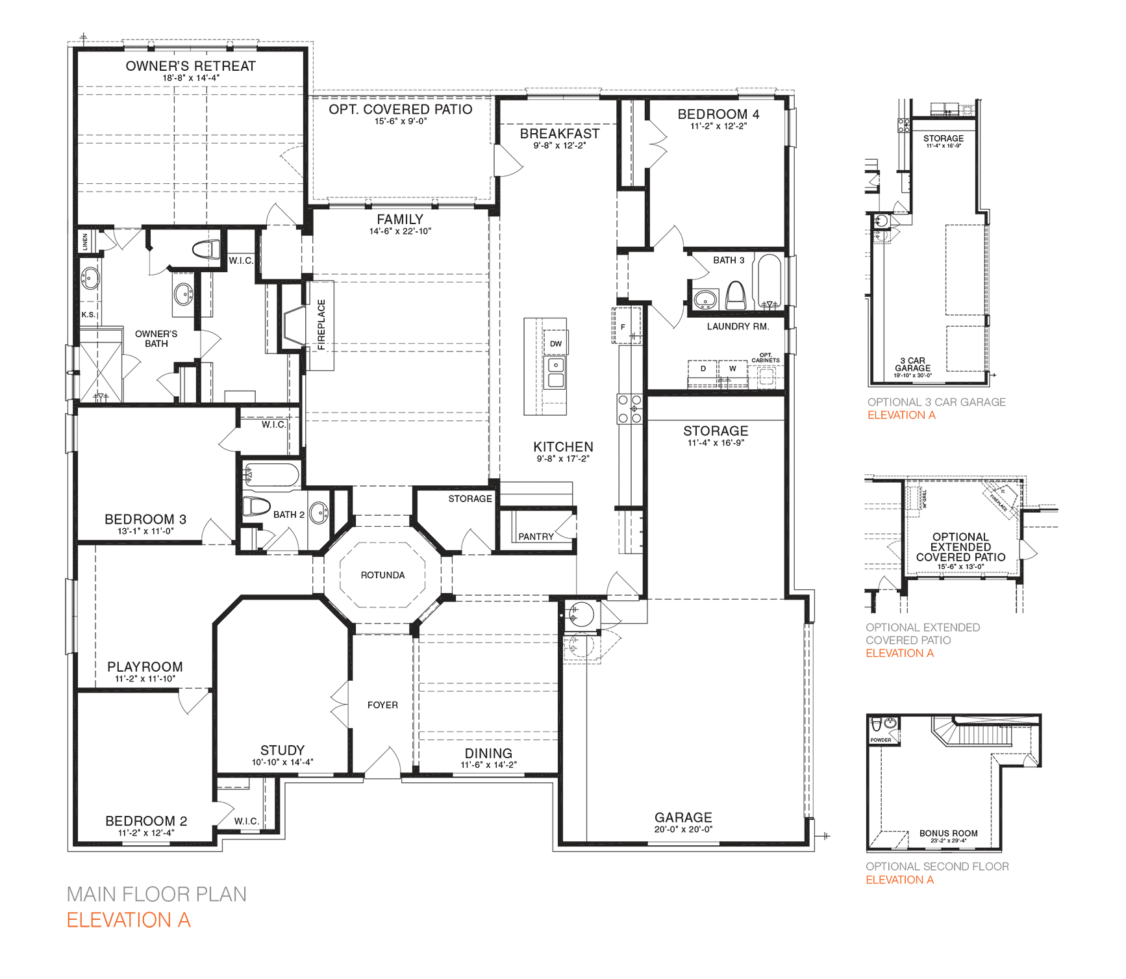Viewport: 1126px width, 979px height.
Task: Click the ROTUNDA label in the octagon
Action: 382,575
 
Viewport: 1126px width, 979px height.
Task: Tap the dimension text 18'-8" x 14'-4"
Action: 190,78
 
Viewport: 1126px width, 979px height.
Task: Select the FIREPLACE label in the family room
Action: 321,324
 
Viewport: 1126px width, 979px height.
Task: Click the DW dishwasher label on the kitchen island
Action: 555,344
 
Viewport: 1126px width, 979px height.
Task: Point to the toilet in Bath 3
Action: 735,296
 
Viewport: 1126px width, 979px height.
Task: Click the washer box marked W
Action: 732,369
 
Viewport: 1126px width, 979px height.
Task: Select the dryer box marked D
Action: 703,369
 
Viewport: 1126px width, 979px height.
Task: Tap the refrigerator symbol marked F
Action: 623,327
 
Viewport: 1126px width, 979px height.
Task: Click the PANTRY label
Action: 536,537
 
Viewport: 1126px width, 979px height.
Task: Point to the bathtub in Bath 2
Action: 271,476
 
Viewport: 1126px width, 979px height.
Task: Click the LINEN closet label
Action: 85,242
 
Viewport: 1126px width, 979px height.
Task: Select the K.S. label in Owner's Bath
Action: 88,314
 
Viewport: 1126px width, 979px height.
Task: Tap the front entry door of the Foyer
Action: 383,764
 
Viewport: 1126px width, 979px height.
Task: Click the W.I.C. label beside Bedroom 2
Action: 246,821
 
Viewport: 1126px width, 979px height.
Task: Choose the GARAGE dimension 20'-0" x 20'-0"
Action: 683,830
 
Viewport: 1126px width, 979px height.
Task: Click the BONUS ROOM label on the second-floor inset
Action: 948,833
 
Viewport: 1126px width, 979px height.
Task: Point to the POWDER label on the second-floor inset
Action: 881,740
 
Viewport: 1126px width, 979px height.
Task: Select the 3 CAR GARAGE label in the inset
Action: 912,364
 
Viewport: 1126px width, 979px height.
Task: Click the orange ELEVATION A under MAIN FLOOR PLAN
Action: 129,920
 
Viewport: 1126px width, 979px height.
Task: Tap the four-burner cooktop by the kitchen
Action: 629,409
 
